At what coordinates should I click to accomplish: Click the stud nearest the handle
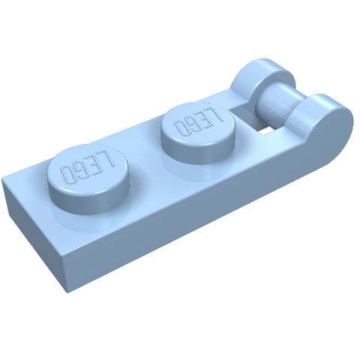coord(198,133)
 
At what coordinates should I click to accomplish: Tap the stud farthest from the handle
coord(88,178)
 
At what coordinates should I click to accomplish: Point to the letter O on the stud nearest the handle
coord(181,127)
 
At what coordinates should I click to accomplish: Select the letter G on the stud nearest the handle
coord(193,122)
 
